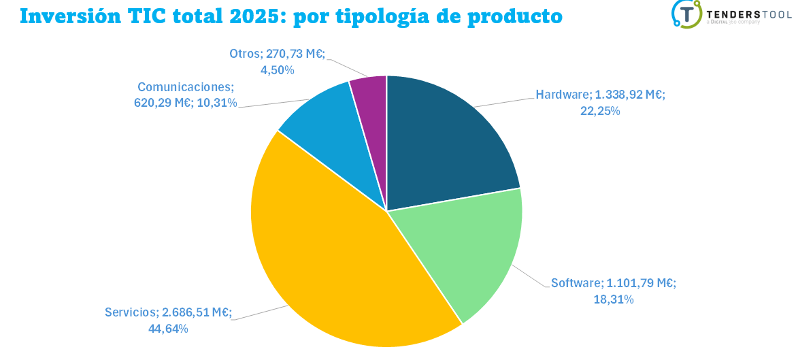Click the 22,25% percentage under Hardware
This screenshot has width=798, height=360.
point(600,111)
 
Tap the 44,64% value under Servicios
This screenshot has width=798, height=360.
point(168,329)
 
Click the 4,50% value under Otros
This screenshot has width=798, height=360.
point(277,70)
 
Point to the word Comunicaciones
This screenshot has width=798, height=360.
point(185,87)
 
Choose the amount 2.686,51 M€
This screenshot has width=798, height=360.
point(197,312)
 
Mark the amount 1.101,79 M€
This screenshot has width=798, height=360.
point(641,283)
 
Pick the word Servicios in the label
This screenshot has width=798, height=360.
point(131,312)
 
